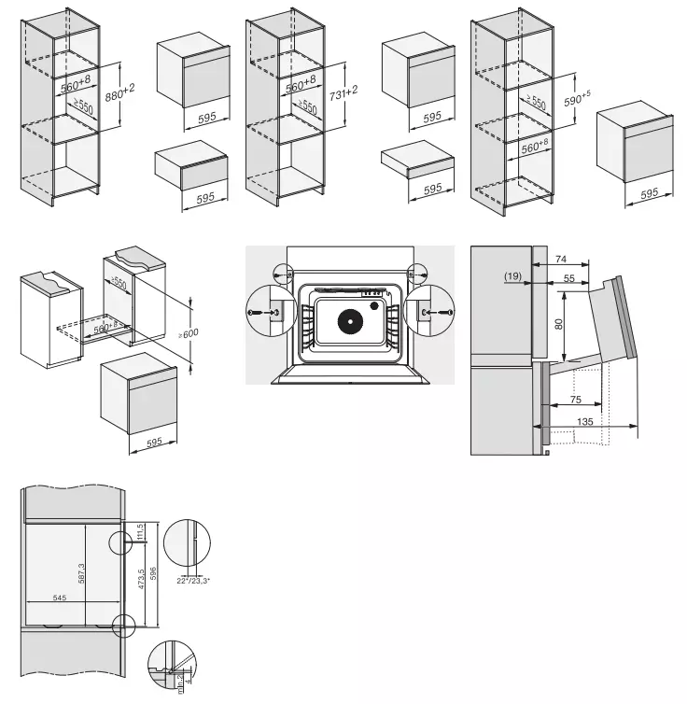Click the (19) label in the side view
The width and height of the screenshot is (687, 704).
[512, 276]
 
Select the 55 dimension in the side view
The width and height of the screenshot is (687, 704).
[568, 278]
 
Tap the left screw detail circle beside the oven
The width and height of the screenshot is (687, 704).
[263, 310]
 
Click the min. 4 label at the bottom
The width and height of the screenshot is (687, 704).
[184, 689]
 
